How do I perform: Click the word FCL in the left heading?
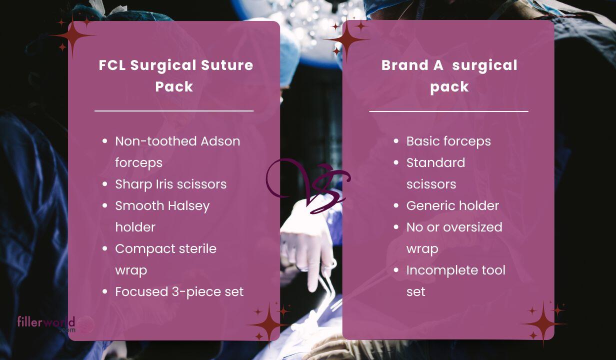coord(112,65)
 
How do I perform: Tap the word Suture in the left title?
coord(227,65)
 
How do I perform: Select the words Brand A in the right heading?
coord(412,65)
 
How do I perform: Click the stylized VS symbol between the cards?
coord(308,185)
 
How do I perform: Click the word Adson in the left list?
coord(220,141)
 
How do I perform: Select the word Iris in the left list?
coord(164,184)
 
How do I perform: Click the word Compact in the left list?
coord(145,249)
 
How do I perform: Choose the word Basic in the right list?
coord(422,141)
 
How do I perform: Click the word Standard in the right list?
coord(435,162)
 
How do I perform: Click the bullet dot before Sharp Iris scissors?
coord(105,184)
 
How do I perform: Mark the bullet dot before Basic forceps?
coord(396,141)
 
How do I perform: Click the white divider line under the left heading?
coord(174,111)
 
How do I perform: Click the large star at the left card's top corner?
coord(73,36)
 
